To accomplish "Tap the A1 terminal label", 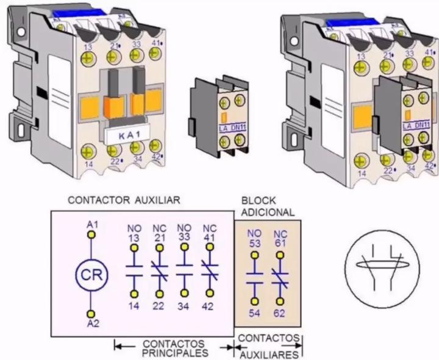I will coord(92,225).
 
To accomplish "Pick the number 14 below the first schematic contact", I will coord(134,306).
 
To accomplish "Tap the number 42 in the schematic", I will coord(208,306).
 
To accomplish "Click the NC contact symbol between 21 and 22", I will coord(159,272).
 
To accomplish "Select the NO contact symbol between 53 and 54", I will coord(254,278).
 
